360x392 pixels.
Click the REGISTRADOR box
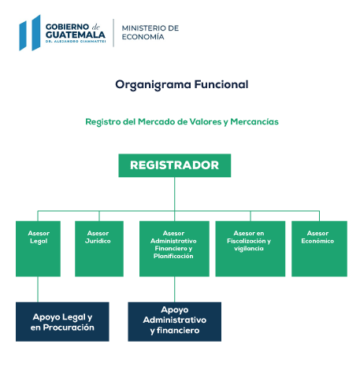pos(175,165)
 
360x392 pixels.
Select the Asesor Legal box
pos(38,249)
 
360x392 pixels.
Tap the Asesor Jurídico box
pos(99,249)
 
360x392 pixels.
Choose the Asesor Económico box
pos(319,249)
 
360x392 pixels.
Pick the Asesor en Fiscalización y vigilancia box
pos(251,249)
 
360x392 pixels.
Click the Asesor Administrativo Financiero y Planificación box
pos(174,249)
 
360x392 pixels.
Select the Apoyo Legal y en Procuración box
pos(62,322)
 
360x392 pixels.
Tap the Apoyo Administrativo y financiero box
pos(175,322)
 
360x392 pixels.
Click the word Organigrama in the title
pos(153,85)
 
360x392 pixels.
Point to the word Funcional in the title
pos(221,84)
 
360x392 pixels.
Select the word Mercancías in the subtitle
pos(254,122)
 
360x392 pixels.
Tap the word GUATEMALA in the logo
pos(76,35)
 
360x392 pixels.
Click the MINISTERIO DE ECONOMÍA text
pos(150,32)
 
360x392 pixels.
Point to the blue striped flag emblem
pos(30,33)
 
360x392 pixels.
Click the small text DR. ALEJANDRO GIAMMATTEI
pos(76,42)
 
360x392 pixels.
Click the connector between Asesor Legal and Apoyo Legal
pos(38,289)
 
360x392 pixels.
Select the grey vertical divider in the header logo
pos(113,33)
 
